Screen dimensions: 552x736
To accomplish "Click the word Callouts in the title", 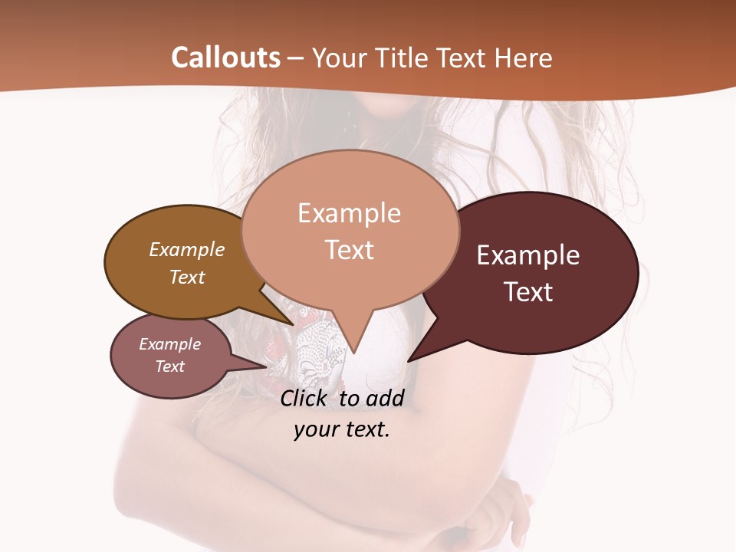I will pos(225,58).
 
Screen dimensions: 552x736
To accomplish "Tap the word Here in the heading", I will pos(521,58).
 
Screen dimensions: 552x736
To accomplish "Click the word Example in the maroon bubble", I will pos(528,255).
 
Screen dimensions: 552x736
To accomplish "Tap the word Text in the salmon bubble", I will pos(350,250).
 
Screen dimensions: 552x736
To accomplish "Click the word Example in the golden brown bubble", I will pos(187,249).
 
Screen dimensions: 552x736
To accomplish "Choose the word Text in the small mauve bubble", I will pos(170,366).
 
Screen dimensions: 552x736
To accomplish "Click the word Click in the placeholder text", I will pos(303,398).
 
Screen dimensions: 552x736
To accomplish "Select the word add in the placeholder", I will pos(385,398).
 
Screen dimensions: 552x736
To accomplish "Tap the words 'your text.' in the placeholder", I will pos(342,429).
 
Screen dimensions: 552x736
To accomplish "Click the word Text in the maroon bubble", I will pos(529,292).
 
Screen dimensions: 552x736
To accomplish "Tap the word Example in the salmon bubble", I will pos(350,212).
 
